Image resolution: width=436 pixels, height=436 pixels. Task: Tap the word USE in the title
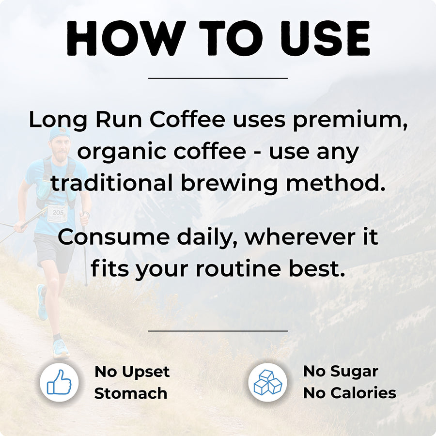[325, 38]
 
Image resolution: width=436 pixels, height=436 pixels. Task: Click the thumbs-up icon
[59, 382]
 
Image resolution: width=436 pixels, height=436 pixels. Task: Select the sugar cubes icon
[268, 382]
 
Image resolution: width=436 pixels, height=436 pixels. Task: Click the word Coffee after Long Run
[187, 119]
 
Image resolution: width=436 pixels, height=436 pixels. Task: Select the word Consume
[114, 237]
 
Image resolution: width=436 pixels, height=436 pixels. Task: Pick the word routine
[238, 268]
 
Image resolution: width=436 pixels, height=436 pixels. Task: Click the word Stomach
[131, 393]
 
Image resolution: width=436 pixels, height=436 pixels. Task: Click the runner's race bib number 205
[58, 213]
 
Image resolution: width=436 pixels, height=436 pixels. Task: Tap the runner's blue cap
[60, 134]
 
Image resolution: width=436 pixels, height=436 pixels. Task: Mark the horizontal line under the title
[218, 78]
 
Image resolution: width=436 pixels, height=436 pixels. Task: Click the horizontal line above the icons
[218, 331]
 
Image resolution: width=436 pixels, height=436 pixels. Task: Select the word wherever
[300, 237]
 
